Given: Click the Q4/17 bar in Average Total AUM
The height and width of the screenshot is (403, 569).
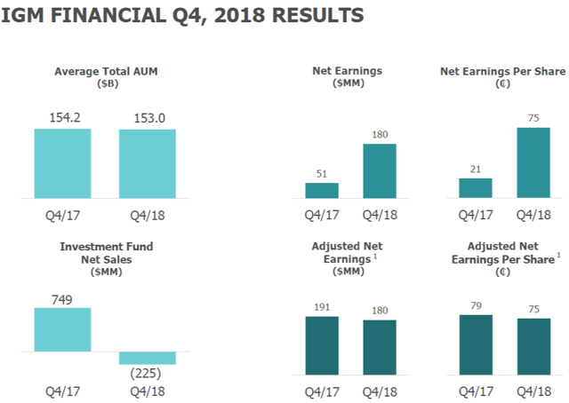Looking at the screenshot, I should pos(62,163).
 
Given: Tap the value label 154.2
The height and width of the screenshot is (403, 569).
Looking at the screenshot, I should pos(62,118).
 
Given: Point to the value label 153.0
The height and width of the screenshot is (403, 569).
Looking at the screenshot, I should pos(148,118).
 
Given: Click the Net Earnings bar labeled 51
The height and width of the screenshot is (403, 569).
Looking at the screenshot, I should pos(322,190).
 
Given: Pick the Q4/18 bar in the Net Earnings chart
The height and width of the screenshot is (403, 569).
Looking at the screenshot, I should pos(379,170).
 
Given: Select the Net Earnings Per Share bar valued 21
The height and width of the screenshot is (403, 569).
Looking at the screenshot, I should pos(476,188).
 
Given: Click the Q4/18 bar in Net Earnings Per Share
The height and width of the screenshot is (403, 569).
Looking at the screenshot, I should pos(533,162).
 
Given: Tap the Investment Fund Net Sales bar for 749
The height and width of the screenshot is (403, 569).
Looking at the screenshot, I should pos(62,329).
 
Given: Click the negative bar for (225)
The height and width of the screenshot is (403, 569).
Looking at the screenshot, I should pos(148,358).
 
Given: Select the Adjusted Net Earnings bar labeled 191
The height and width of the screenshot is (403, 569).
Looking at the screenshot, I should pos(322,346).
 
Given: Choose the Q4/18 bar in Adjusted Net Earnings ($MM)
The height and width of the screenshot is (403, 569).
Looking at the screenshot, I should pos(379,348).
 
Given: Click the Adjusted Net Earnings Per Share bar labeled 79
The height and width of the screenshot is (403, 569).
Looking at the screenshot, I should pos(476,345).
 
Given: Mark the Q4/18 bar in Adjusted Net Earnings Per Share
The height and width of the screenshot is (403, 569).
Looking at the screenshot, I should pos(533,347).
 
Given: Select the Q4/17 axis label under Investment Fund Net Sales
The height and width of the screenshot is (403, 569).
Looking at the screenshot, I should pos(62,389).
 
